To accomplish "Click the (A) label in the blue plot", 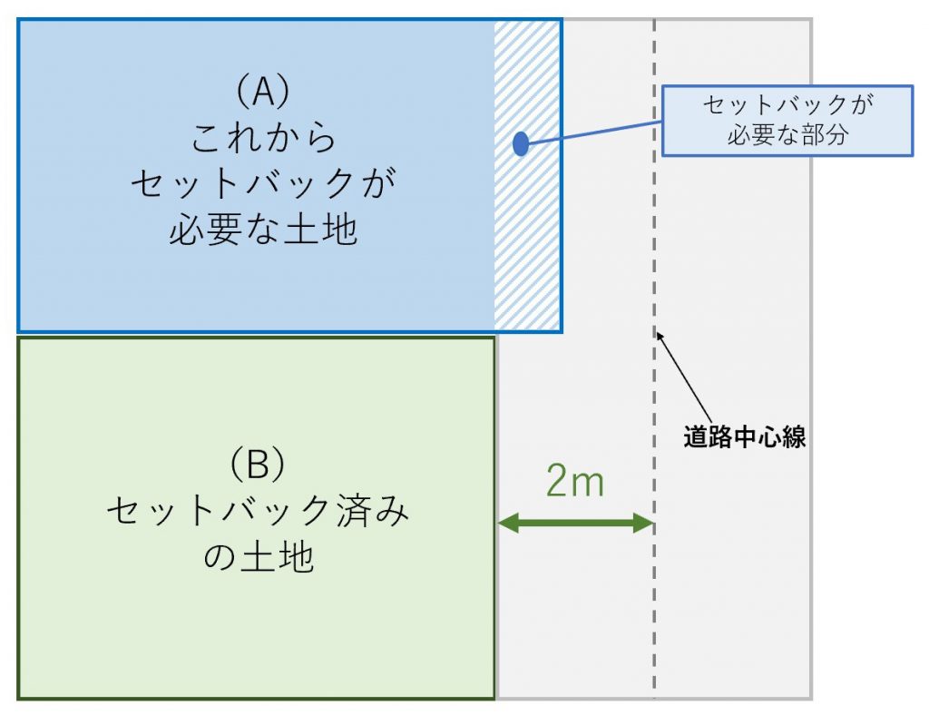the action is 263,93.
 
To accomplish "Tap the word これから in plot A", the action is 264,137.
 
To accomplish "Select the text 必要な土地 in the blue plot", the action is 264,230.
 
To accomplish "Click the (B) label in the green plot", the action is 257,464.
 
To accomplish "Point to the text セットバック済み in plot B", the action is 258,511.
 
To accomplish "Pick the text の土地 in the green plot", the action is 259,557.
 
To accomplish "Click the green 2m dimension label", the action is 574,481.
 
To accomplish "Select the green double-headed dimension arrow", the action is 575,523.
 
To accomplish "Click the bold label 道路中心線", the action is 744,437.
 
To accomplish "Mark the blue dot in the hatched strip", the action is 520,143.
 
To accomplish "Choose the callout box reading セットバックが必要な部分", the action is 787,121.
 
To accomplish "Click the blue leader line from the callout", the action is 594,132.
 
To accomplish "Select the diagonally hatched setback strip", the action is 527,175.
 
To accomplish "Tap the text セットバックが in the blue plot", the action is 264,183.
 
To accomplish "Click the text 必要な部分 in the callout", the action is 787,135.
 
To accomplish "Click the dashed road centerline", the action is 654,358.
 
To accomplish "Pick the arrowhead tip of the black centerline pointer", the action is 657,333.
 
